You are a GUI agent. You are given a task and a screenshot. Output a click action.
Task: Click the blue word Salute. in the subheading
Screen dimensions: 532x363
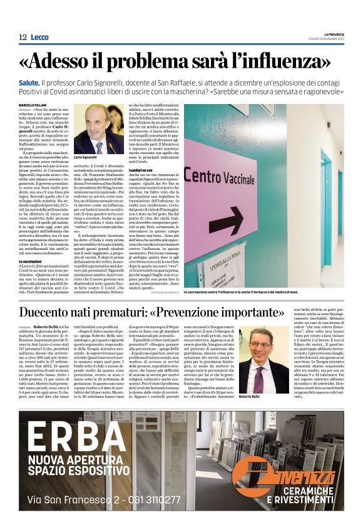coord(49,83)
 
